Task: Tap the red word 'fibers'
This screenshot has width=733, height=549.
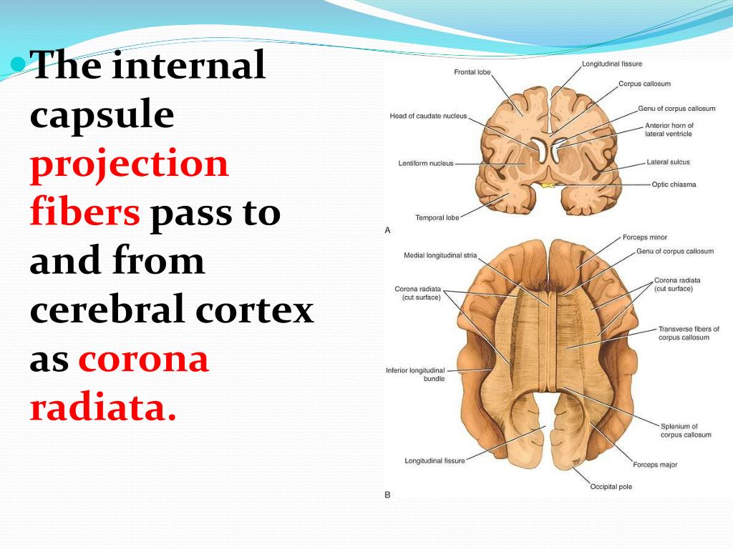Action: pyautogui.click(x=84, y=212)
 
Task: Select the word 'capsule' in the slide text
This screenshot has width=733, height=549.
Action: pyautogui.click(x=102, y=115)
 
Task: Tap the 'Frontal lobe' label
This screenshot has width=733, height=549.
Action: pyautogui.click(x=472, y=72)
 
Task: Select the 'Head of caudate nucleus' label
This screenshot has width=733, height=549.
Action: pyautogui.click(x=428, y=116)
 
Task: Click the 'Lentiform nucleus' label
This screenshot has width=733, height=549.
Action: pyautogui.click(x=426, y=164)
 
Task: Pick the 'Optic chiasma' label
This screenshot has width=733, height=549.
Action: pyautogui.click(x=674, y=184)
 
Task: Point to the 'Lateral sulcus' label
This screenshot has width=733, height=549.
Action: pyautogui.click(x=668, y=162)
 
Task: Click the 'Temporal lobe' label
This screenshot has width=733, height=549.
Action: pyautogui.click(x=437, y=217)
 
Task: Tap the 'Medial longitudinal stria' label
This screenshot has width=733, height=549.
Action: pyautogui.click(x=440, y=255)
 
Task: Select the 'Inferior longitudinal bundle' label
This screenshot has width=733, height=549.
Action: pyautogui.click(x=415, y=374)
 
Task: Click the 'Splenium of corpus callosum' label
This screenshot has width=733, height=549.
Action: pyautogui.click(x=685, y=430)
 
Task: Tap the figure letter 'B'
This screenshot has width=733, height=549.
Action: pyautogui.click(x=388, y=495)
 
